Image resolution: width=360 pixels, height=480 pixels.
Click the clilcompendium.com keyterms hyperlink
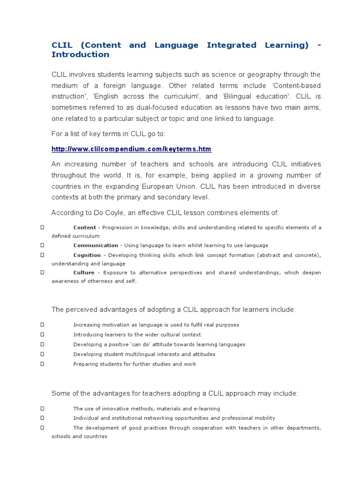tap(131, 149)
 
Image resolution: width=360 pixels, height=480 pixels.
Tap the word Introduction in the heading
tap(80, 54)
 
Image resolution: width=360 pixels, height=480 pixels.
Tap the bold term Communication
tap(96, 245)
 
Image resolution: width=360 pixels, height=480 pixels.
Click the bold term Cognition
tap(87, 255)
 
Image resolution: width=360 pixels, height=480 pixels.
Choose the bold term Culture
tap(84, 272)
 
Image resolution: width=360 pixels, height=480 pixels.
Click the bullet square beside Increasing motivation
tap(42, 324)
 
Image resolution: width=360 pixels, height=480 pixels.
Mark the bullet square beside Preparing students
tap(42, 364)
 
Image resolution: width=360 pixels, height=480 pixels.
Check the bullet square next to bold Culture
tap(42, 272)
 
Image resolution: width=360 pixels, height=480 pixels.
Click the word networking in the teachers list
tap(160, 418)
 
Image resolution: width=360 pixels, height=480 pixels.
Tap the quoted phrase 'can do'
tap(140, 344)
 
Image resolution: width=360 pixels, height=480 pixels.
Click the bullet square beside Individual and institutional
tap(42, 418)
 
